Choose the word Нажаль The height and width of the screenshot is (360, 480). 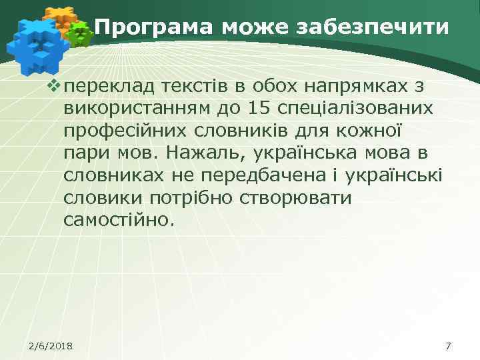(202, 152)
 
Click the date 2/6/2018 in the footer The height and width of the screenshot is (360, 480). (51, 346)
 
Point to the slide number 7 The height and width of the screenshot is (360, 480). (447, 346)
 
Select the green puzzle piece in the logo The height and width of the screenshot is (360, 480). (80, 32)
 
